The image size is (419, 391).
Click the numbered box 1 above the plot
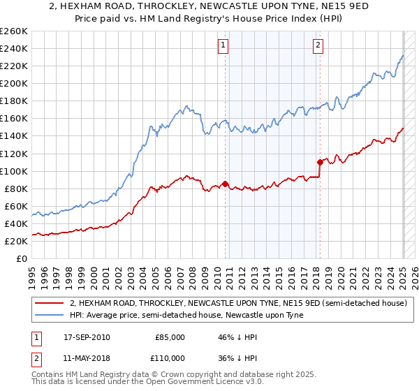223,46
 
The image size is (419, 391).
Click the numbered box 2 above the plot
318,46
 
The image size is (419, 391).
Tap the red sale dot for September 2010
226,184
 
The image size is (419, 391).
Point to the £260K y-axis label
13,31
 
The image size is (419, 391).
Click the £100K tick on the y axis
13,171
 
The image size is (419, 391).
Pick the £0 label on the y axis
22,258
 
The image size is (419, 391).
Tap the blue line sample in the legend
50,316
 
